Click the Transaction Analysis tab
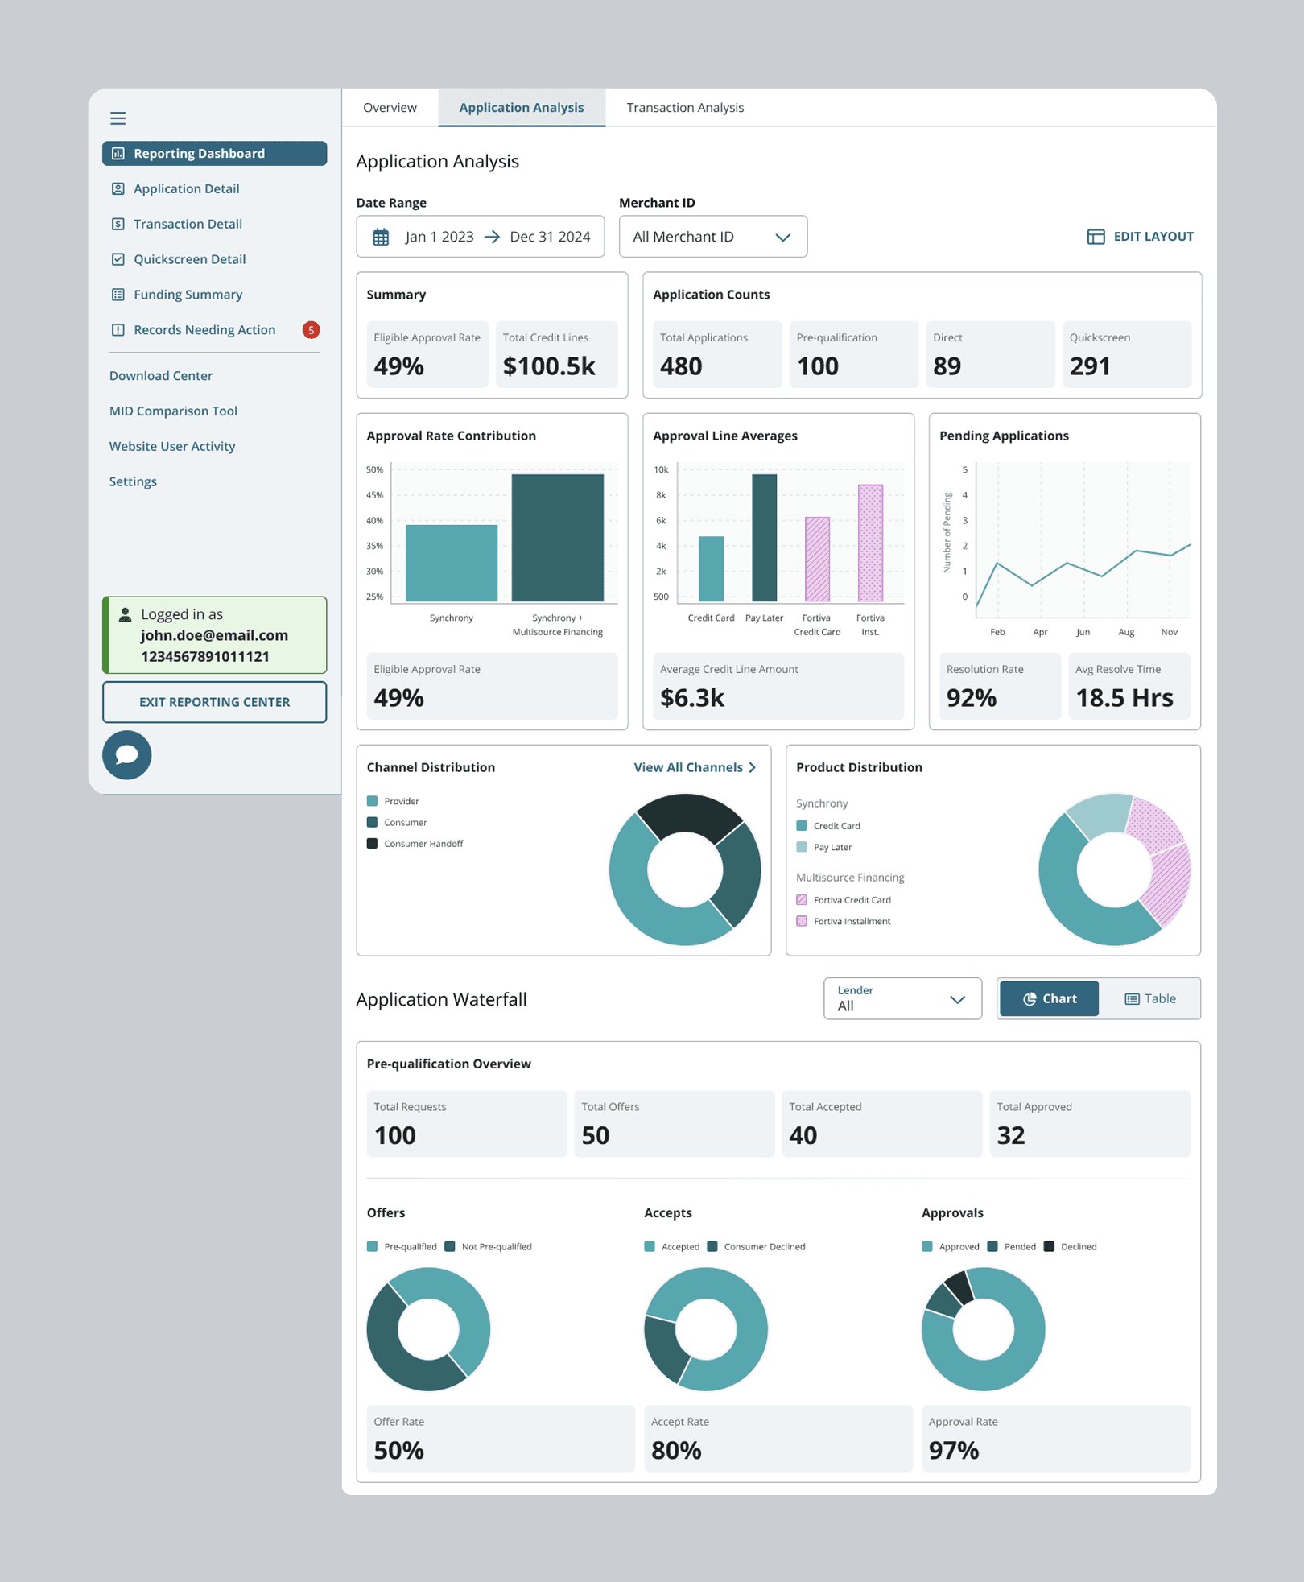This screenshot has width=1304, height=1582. point(685,108)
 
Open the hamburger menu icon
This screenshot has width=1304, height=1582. point(118,118)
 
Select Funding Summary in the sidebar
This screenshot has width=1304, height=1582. point(188,295)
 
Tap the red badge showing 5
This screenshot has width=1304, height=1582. point(311,330)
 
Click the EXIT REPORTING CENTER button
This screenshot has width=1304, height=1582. point(214,702)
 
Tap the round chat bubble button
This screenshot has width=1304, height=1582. point(127,755)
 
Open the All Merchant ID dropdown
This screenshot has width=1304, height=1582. point(712,237)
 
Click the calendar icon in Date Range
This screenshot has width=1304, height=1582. point(381,238)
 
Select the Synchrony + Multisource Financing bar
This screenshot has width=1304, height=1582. point(557,538)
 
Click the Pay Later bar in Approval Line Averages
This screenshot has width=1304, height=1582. point(764,538)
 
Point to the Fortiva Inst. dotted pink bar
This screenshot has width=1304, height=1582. point(870,543)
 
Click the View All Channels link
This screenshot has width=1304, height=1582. point(695,767)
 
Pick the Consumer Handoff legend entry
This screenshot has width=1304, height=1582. point(423,844)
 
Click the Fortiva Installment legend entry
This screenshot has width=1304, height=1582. point(851,921)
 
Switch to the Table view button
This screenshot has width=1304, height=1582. point(1149,998)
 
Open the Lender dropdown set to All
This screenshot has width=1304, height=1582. point(902,998)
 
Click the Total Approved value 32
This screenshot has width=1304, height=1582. point(1011,1135)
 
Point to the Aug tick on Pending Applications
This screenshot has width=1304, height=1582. point(1126,632)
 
